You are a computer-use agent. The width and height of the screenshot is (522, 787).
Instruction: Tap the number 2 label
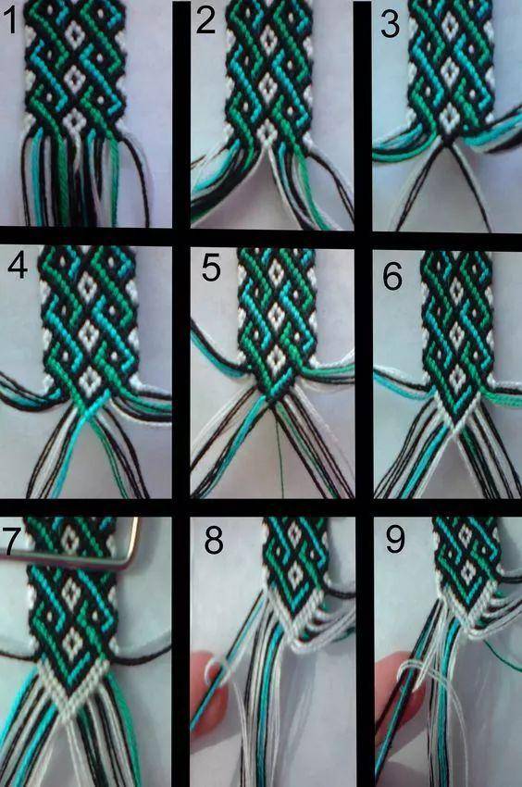point(205,22)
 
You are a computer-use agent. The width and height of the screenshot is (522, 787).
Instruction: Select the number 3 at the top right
point(390,24)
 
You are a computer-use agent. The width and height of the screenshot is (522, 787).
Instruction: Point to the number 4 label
point(18,266)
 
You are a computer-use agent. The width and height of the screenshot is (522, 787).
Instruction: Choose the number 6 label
point(392,275)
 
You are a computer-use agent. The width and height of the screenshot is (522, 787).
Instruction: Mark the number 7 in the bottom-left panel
point(11,539)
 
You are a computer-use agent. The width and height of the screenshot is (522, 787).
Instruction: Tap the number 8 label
point(214,541)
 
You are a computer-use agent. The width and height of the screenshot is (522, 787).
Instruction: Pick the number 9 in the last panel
point(395,539)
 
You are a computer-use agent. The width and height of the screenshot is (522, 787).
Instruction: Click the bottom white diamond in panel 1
point(75,120)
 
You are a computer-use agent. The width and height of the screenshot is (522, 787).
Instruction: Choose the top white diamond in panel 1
point(75,34)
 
